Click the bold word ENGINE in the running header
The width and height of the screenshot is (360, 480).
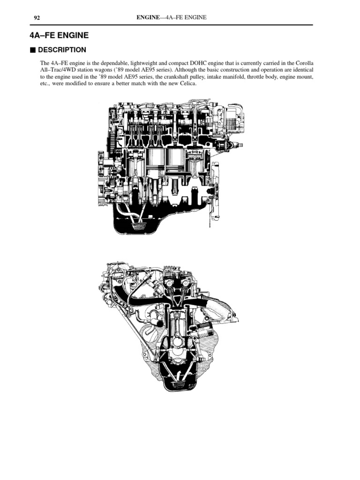(147, 18)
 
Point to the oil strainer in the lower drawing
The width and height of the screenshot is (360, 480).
(180, 385)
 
